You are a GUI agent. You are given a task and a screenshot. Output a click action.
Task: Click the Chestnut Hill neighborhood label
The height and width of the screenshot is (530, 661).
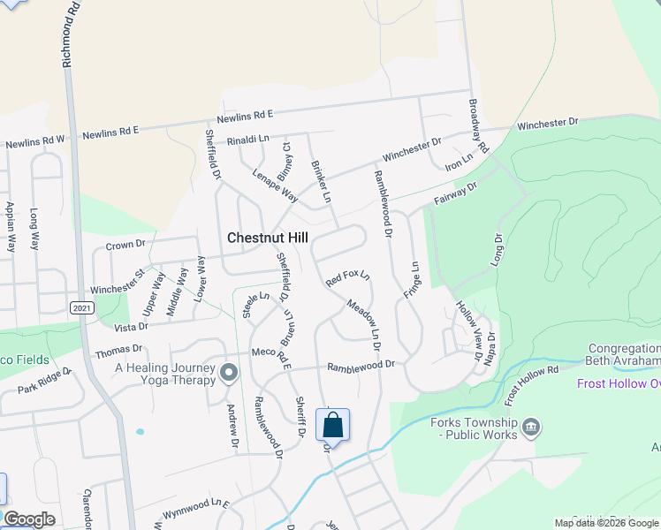(269, 238)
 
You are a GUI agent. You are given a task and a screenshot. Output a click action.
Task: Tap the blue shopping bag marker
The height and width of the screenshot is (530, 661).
(332, 425)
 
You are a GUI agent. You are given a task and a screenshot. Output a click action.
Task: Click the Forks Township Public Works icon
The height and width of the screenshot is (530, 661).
(531, 428)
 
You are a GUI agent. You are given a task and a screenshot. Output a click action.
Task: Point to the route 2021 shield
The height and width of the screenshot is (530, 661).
(80, 306)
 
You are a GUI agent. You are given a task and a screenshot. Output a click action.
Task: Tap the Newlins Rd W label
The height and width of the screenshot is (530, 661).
(35, 140)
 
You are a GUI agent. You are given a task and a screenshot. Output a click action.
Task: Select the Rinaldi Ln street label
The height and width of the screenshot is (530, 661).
(247, 140)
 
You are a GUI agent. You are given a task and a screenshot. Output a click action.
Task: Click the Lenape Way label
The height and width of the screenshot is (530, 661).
(269, 182)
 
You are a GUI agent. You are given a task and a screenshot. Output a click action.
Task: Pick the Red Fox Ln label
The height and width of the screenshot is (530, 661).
(346, 279)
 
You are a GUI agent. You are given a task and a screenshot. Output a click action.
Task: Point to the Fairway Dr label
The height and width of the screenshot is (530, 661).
(455, 195)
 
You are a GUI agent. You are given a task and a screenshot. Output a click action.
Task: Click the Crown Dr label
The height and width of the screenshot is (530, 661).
(125, 245)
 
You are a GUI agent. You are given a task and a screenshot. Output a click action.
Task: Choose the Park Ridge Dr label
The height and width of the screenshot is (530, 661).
(44, 382)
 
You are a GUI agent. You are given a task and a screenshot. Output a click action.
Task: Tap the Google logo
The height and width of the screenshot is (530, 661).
(29, 519)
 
